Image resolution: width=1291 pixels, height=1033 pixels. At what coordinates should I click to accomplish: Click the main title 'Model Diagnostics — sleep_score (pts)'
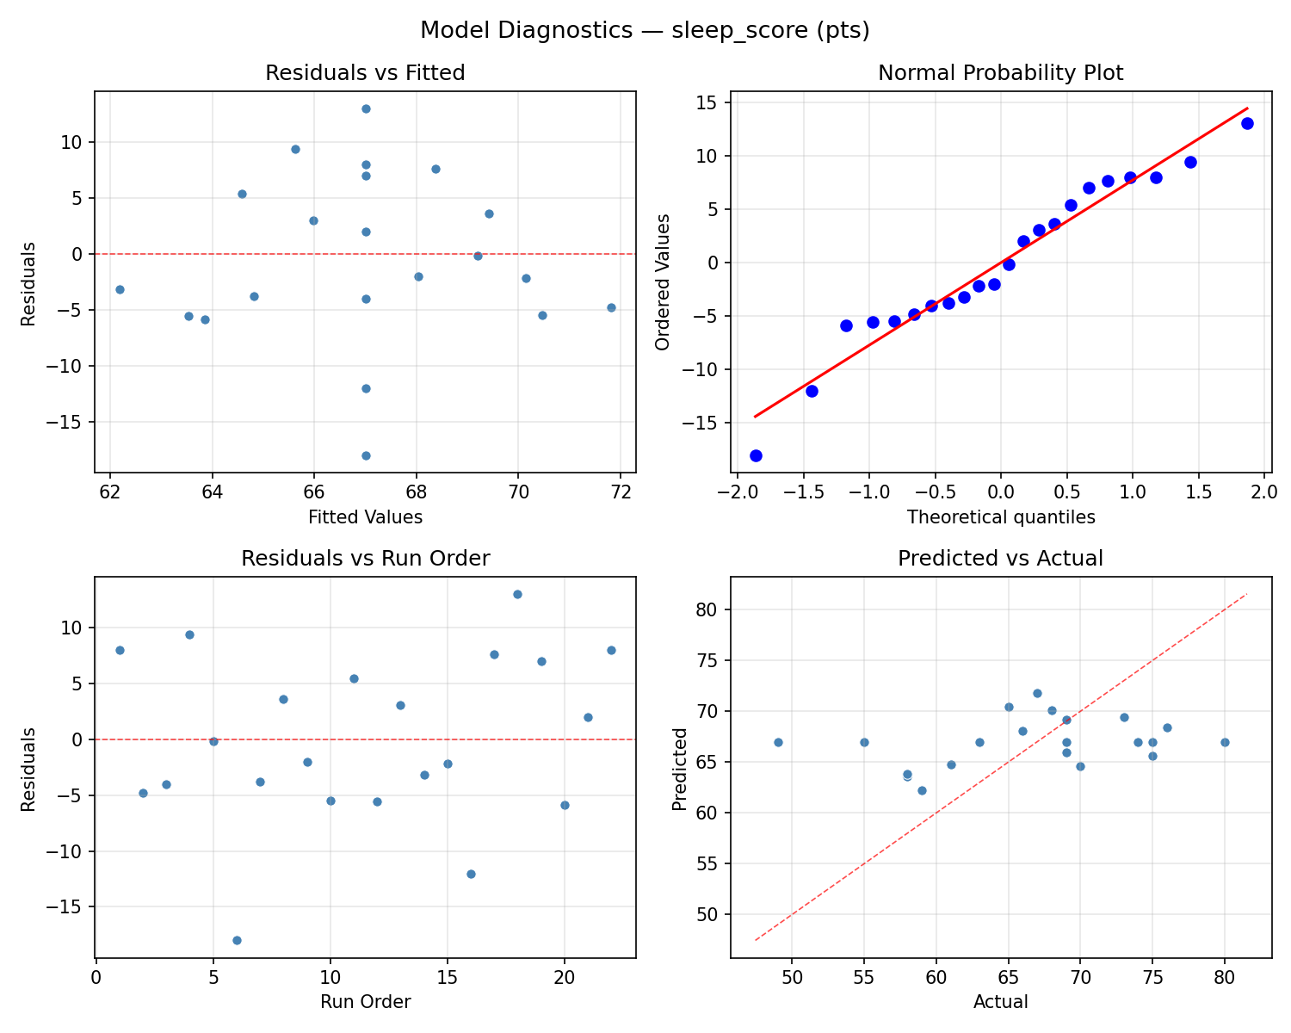tap(645, 30)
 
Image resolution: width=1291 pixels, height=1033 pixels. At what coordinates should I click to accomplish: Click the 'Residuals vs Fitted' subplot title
tap(365, 73)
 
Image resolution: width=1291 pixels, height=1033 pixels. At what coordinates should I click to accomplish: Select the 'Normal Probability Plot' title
tap(1000, 73)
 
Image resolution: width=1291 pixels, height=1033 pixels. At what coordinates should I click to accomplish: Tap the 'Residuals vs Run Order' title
tap(365, 559)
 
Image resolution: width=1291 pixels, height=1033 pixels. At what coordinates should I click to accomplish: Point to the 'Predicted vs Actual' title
tap(1000, 559)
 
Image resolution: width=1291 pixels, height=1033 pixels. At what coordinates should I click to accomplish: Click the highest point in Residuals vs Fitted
tap(366, 108)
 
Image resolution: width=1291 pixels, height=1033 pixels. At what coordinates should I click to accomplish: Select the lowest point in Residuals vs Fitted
tap(366, 455)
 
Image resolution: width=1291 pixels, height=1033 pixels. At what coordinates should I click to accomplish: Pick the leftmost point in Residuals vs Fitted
tap(120, 289)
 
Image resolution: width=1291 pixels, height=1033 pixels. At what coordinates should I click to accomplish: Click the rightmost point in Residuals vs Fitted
tap(611, 307)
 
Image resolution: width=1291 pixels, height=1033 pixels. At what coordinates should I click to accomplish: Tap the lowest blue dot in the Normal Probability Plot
tap(756, 455)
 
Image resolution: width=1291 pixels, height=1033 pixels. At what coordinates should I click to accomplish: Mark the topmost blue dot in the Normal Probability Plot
tap(1247, 123)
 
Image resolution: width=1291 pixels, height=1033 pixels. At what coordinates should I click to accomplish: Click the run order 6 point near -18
tap(237, 940)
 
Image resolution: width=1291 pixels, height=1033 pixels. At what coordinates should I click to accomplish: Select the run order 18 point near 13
tap(517, 594)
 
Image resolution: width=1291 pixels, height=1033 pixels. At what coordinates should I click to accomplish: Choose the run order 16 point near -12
tap(471, 874)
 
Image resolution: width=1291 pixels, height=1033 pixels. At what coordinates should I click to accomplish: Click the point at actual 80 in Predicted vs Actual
tap(1225, 742)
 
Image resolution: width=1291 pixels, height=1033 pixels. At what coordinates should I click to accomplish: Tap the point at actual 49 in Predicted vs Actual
tap(778, 742)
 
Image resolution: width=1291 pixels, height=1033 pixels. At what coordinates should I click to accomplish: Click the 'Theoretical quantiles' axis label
tap(1000, 517)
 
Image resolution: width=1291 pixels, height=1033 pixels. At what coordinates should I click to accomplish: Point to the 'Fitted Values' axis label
tap(365, 517)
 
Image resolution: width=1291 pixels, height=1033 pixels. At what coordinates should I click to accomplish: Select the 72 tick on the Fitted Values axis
tap(621, 492)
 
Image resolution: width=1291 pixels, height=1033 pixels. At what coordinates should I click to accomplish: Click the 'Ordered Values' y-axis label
tap(662, 281)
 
